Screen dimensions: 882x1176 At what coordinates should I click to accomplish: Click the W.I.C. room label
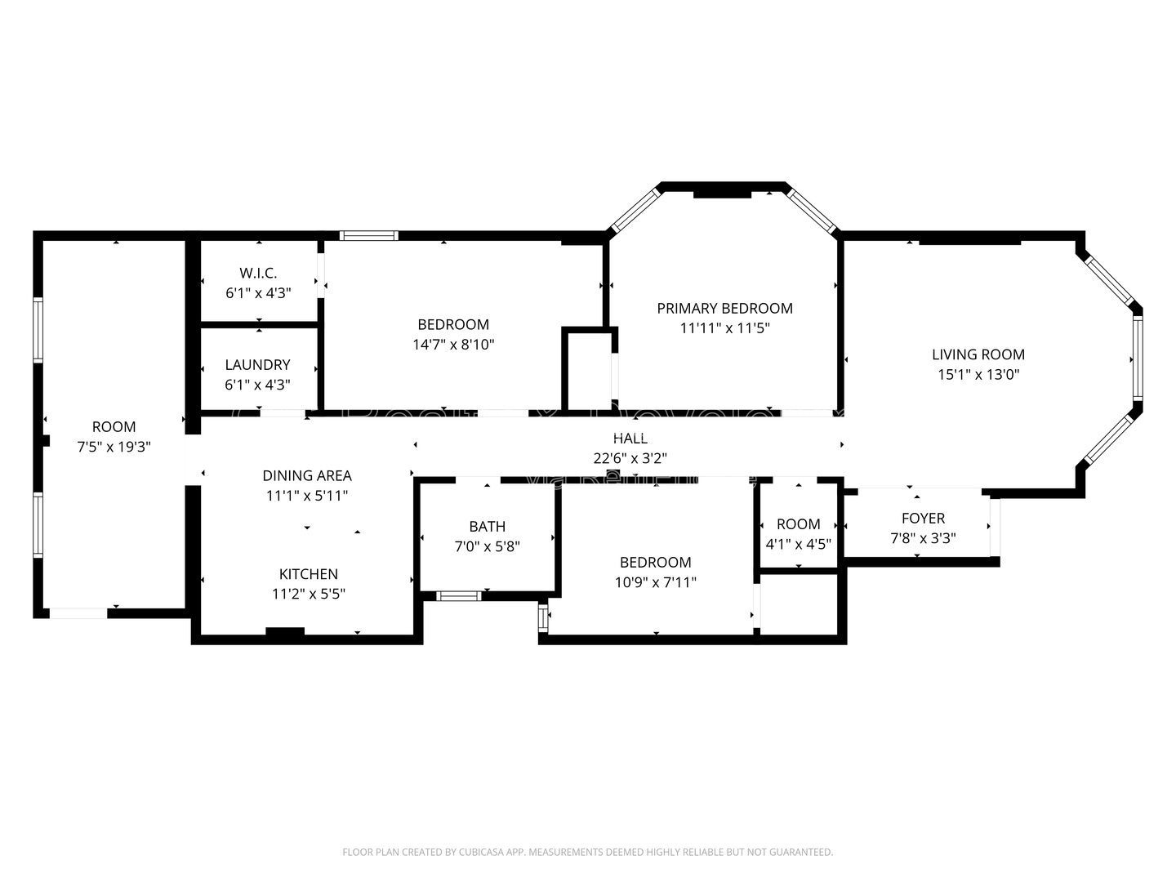click(258, 272)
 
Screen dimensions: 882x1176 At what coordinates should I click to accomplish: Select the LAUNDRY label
click(257, 365)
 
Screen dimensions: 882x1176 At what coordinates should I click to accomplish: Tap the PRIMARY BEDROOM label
click(724, 308)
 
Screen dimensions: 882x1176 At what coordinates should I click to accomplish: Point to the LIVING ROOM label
click(978, 354)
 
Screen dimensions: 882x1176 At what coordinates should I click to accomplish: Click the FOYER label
click(923, 518)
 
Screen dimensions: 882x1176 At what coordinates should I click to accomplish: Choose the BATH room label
click(487, 527)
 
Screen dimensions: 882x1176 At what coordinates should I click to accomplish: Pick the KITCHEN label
click(308, 574)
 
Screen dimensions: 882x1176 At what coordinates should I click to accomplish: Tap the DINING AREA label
click(307, 475)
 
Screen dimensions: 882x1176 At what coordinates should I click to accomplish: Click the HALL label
click(630, 439)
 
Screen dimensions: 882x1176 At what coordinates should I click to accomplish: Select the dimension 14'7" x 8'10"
click(453, 345)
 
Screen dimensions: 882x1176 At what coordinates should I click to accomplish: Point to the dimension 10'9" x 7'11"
click(655, 582)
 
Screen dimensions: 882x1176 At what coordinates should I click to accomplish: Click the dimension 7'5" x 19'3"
click(114, 447)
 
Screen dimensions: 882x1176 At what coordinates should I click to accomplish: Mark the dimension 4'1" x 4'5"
click(798, 544)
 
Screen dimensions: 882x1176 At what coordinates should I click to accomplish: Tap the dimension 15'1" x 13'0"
click(978, 375)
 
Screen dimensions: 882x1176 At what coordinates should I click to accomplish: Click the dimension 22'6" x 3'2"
click(630, 458)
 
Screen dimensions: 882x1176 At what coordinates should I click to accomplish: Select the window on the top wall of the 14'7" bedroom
click(369, 235)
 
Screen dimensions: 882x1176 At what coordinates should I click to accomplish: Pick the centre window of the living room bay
click(1137, 358)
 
